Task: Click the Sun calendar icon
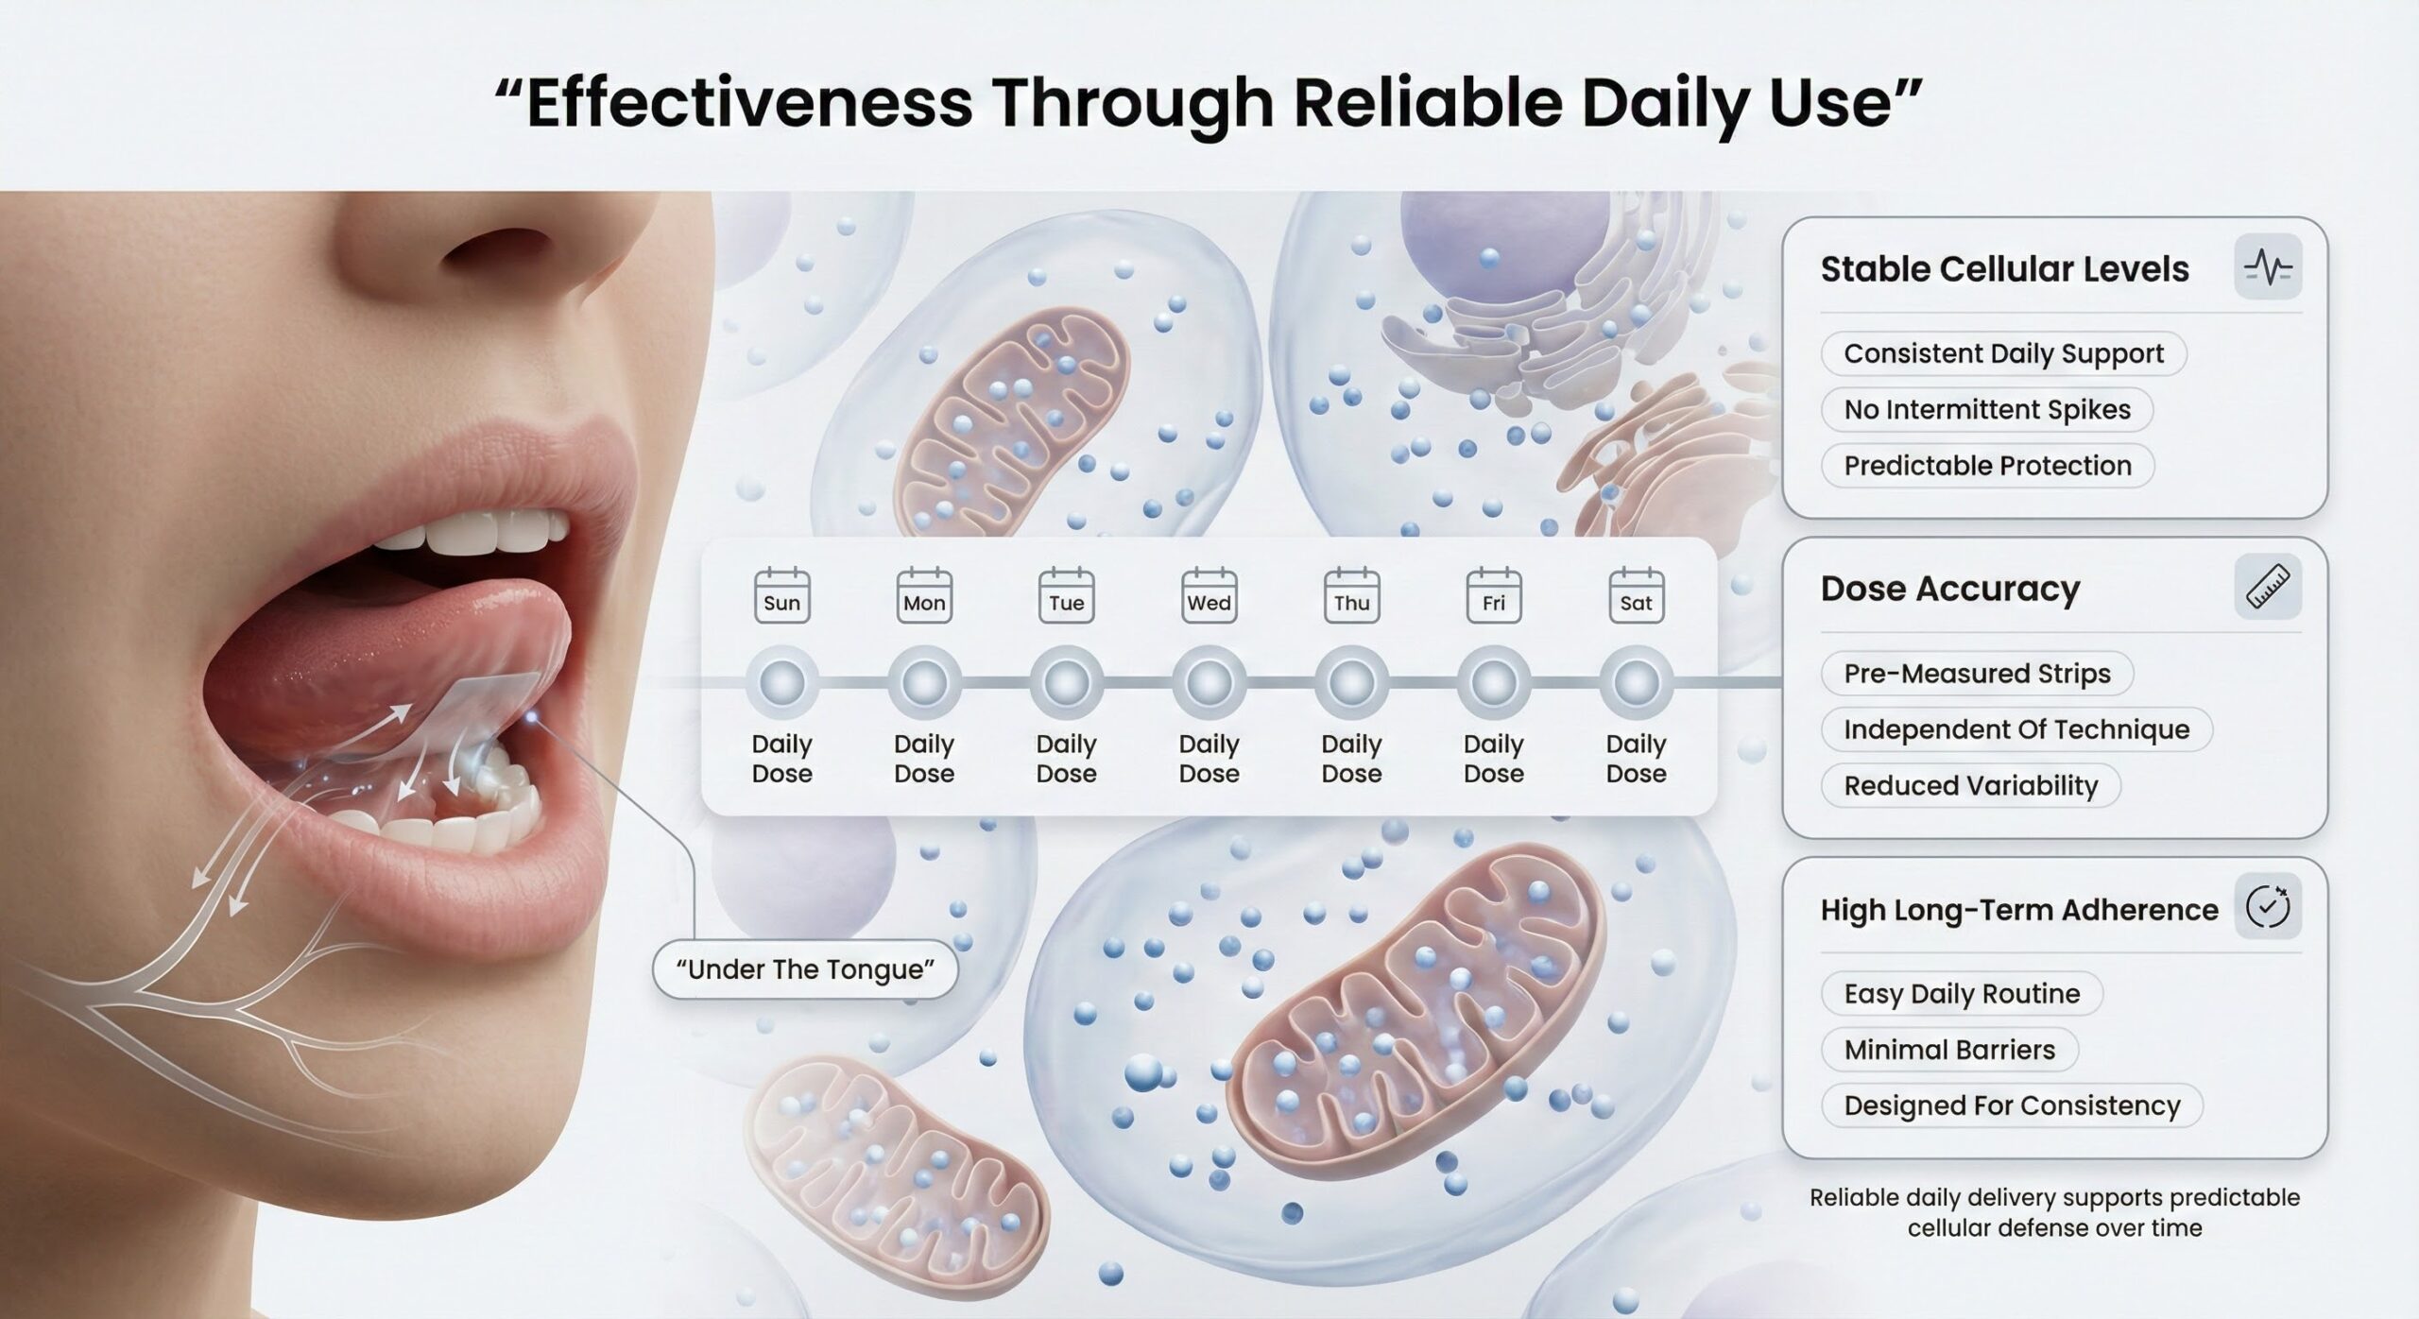coord(782,594)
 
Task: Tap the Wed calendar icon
coord(1209,594)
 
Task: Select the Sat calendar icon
coord(1637,594)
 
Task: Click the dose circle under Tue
coord(1067,682)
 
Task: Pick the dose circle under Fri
coord(1494,682)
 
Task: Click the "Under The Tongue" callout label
coord(806,969)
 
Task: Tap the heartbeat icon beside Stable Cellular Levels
coord(2268,267)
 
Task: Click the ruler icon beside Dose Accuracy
coord(2268,587)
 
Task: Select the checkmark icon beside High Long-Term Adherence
coord(2268,907)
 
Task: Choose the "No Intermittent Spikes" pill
coord(1987,409)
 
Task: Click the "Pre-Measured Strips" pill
coord(1977,673)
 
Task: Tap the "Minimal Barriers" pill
coord(1949,1049)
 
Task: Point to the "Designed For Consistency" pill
coord(2012,1105)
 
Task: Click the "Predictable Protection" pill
coord(1987,465)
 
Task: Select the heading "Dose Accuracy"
coord(1950,589)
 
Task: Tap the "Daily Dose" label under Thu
coord(1351,759)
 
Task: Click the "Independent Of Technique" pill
coord(2016,728)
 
